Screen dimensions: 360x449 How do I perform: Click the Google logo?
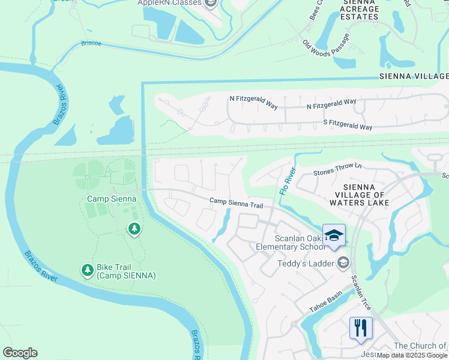[20, 353]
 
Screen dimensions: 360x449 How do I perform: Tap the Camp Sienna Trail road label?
[237, 205]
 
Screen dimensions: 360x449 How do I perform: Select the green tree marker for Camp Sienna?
[134, 229]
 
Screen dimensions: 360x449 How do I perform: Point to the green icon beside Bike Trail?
[88, 271]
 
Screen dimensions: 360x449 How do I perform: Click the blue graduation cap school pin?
[334, 235]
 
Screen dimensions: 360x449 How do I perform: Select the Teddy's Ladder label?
[305, 263]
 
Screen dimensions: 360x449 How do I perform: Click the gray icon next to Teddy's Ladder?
[343, 262]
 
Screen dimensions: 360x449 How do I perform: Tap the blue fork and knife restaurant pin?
[361, 328]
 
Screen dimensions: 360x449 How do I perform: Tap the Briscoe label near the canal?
[91, 43]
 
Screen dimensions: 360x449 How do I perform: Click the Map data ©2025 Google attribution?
[412, 355]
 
